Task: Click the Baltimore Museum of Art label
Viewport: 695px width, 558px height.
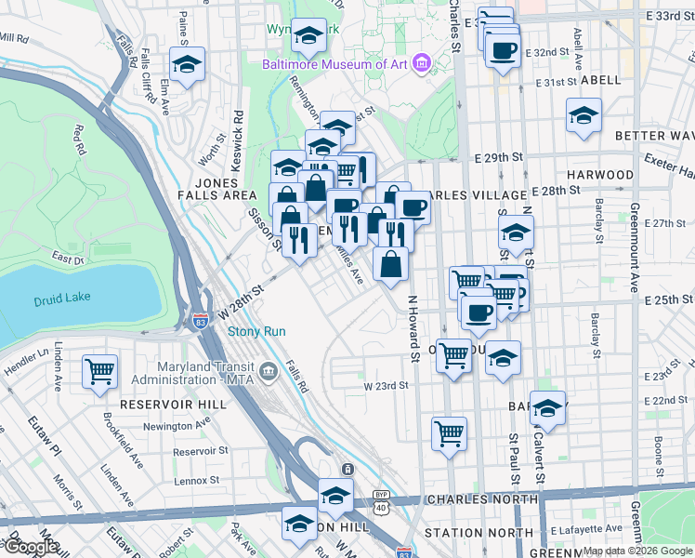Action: click(335, 64)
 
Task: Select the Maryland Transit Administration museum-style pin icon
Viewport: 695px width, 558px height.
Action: click(269, 373)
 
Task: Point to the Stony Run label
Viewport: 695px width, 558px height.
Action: click(256, 331)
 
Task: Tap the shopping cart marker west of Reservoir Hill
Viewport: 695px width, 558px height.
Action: click(99, 371)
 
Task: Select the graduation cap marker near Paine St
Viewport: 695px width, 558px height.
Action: click(187, 66)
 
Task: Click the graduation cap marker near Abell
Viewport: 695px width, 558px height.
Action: click(584, 116)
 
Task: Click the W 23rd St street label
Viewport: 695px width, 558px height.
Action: click(386, 386)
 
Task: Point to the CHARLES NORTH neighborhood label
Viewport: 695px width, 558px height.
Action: click(474, 499)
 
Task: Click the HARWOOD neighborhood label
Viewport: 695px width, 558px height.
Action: click(600, 174)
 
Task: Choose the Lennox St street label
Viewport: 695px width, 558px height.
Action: click(196, 480)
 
